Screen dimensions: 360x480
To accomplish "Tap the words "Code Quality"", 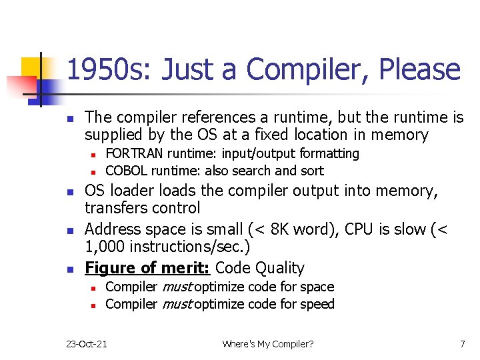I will (x=260, y=268).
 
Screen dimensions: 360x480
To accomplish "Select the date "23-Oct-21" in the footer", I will (x=87, y=344).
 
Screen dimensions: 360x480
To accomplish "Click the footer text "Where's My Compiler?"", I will (x=268, y=344).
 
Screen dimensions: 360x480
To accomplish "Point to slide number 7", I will (x=462, y=344).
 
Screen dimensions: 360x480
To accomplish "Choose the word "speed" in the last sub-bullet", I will (x=317, y=304).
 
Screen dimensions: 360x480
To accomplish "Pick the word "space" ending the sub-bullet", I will (x=317, y=287).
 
